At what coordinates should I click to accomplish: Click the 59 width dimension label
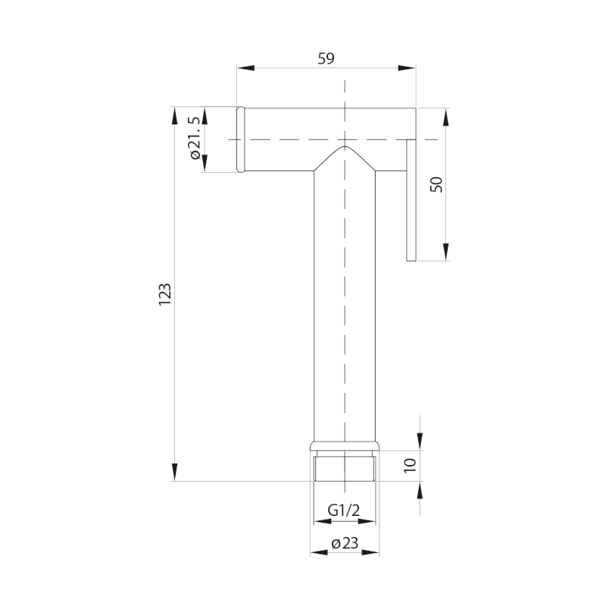pyautogui.click(x=326, y=58)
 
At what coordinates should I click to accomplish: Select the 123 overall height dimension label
pyautogui.click(x=165, y=295)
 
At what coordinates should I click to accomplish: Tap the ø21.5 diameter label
pyautogui.click(x=195, y=138)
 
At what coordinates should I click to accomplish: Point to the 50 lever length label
pyautogui.click(x=436, y=184)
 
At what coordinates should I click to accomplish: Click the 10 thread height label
pyautogui.click(x=410, y=466)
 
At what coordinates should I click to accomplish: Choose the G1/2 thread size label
pyautogui.click(x=344, y=510)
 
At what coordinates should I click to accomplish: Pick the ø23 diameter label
pyautogui.click(x=345, y=543)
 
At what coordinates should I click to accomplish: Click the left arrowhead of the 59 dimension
pyautogui.click(x=245, y=68)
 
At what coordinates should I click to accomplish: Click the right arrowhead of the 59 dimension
pyautogui.click(x=407, y=68)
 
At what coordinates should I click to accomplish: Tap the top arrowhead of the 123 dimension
pyautogui.click(x=175, y=117)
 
